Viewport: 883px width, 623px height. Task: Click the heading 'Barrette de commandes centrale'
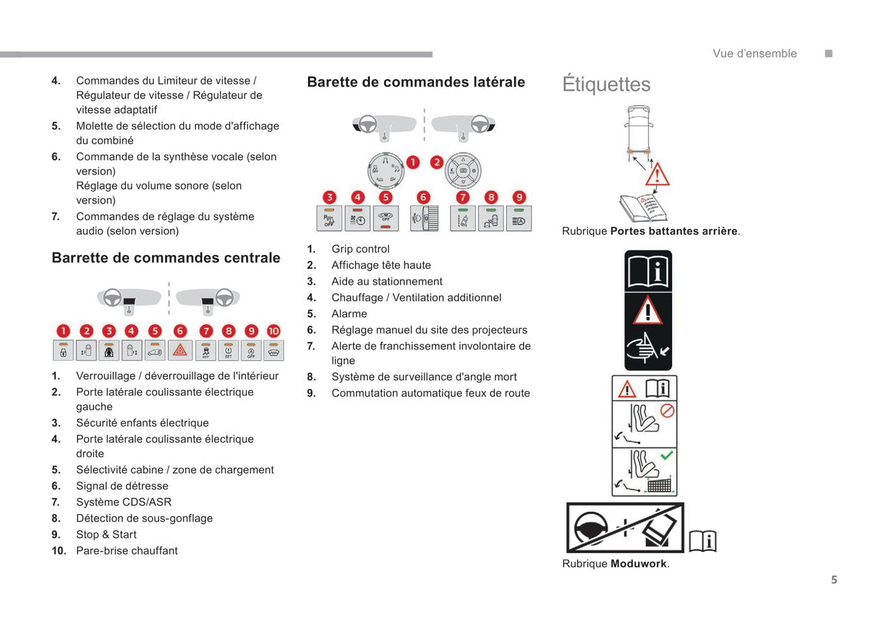[166, 258]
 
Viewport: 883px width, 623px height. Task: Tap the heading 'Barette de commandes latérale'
[416, 82]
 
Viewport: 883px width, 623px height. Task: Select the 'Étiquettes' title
[606, 84]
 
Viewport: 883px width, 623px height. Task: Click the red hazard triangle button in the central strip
[180, 350]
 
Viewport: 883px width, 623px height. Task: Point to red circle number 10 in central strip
[274, 331]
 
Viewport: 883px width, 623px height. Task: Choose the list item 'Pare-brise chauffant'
[126, 551]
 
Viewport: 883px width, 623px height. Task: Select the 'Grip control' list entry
[361, 249]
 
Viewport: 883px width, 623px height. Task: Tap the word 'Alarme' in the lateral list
[349, 314]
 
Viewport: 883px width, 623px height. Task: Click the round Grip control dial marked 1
[386, 171]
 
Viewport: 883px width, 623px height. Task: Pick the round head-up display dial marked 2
[463, 171]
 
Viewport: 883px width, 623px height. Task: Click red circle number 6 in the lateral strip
[423, 197]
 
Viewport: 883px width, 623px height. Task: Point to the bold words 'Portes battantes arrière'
[673, 231]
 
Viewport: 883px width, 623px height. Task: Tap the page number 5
[834, 580]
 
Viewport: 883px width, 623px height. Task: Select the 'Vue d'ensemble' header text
[754, 54]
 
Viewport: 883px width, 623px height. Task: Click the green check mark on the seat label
[667, 455]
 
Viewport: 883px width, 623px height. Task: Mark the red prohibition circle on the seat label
[667, 410]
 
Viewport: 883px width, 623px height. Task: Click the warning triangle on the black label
[647, 311]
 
